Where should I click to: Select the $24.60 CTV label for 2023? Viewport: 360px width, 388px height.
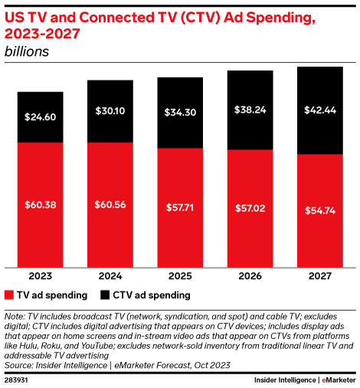[41, 117]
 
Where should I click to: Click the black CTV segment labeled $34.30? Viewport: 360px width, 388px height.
[180, 112]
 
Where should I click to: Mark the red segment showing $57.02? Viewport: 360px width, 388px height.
[250, 207]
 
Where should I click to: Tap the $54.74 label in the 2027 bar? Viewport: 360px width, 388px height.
[319, 210]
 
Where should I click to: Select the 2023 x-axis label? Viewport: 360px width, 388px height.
[41, 276]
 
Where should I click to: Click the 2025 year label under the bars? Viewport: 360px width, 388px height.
[180, 276]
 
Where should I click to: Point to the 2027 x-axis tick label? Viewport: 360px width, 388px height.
[319, 276]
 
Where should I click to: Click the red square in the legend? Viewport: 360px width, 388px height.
[9, 295]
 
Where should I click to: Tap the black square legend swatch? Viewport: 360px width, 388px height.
[103, 295]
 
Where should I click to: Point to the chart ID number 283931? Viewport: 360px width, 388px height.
[17, 379]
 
